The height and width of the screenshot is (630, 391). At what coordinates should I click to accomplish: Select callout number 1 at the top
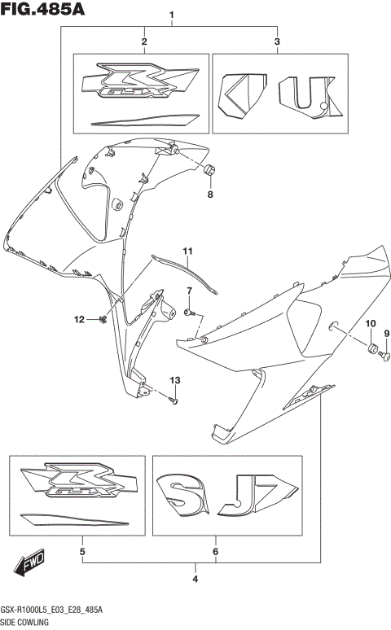point(172,15)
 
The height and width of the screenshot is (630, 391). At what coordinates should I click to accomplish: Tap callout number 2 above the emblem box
point(143,42)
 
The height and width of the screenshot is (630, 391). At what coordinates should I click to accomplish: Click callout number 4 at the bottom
point(195,580)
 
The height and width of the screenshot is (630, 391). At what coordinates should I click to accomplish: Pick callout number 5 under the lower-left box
point(82,553)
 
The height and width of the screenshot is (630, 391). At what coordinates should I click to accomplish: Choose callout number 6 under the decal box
point(215,553)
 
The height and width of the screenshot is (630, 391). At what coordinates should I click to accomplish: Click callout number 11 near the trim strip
point(186,250)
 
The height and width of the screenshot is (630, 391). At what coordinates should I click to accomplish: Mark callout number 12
point(81,319)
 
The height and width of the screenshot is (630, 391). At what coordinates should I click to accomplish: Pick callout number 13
point(174,381)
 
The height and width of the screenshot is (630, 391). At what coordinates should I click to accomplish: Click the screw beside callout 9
point(386,354)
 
